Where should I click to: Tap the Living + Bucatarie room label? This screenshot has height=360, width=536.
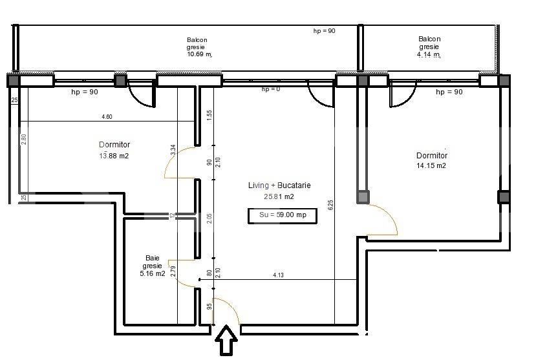pos(279,185)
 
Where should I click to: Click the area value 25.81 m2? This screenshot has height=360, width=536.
pos(280,196)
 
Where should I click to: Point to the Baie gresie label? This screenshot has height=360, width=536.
pos(153,260)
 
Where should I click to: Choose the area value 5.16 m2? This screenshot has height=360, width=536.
pos(153,273)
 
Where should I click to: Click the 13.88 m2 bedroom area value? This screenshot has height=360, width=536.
pos(114,155)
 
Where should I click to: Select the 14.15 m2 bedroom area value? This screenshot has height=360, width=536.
pos(431,165)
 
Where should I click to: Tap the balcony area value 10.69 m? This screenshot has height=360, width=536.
pos(200,54)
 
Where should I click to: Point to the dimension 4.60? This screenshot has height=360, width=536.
pos(107,117)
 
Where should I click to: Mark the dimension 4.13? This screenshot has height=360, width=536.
pos(279,275)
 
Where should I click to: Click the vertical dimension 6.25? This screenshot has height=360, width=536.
pos(330,206)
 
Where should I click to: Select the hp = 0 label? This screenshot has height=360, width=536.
pos(271,89)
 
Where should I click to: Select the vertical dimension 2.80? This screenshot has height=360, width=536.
pos(24,138)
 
